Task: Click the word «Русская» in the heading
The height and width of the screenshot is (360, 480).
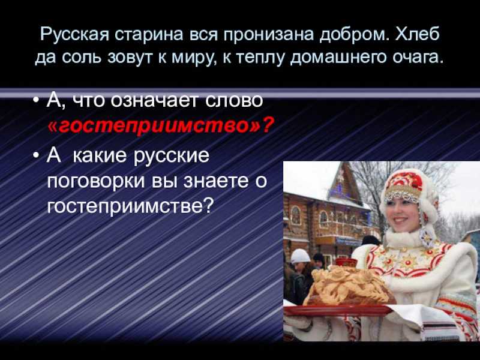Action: (x=74, y=34)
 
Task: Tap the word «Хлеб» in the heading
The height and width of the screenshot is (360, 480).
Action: (x=417, y=34)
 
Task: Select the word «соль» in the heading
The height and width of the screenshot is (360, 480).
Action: (x=81, y=56)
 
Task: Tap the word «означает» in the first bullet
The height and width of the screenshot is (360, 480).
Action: (x=154, y=100)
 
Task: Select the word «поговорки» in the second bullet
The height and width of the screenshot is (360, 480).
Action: (x=96, y=181)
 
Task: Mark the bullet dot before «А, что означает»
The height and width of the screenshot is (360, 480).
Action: (x=37, y=101)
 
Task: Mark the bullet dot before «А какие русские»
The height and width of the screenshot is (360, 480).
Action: (x=37, y=155)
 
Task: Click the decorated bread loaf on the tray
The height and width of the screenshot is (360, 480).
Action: (x=350, y=286)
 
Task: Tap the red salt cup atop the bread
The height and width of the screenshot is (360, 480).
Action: (x=346, y=263)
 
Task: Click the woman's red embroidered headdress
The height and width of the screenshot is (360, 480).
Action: (x=404, y=186)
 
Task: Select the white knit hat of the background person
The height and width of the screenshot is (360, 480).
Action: (x=300, y=256)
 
